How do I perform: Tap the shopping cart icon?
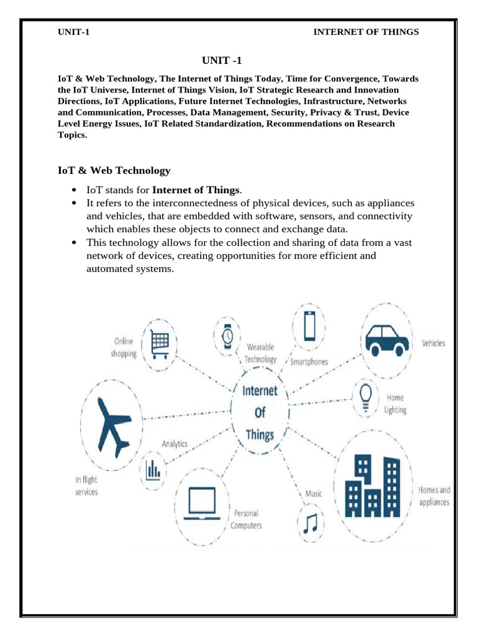coord(160,340)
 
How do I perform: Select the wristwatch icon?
coord(227,335)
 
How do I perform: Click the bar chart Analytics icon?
coord(153,471)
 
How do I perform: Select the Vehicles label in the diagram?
coord(434,343)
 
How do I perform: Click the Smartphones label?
coord(309,361)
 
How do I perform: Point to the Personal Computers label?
coord(246,519)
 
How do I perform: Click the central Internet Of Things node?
coord(260,412)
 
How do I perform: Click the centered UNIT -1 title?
coord(220,60)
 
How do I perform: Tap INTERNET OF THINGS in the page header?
coord(366,32)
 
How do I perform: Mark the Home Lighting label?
coord(396,403)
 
